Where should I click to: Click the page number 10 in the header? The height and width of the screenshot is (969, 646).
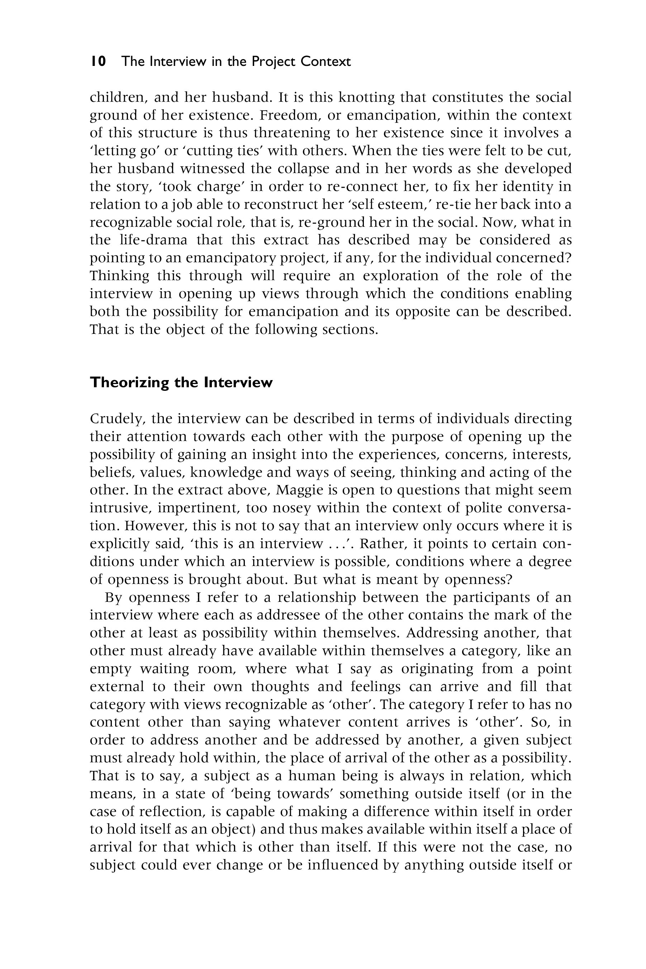pos(99,62)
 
